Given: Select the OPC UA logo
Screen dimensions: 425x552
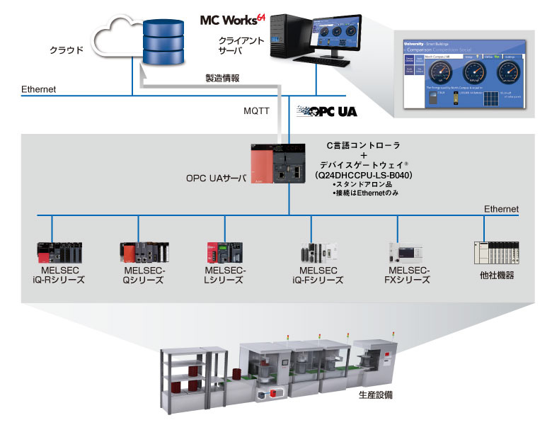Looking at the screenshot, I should coord(327,111).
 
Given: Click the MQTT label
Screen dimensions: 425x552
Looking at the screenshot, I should coord(256,111).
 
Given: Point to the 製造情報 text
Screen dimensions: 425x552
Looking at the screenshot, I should coord(222,77).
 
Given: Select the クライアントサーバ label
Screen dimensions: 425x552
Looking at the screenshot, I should coord(241,46).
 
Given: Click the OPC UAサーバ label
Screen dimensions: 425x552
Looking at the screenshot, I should coord(212,178).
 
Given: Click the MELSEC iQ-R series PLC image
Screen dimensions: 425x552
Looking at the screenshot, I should coord(60,252).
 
